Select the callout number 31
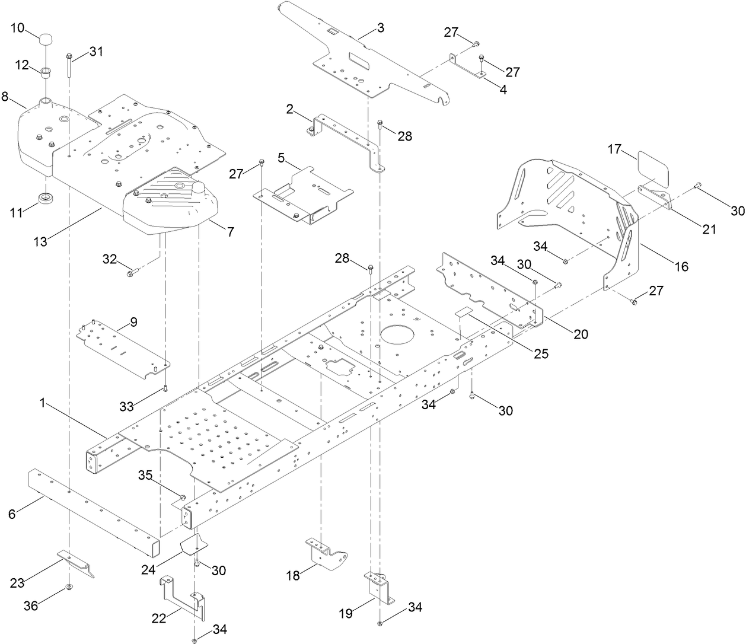click(x=97, y=52)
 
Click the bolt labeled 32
click(x=130, y=273)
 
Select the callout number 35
click(x=146, y=475)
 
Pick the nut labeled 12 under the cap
click(x=45, y=73)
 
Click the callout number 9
click(x=133, y=322)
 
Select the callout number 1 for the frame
click(x=42, y=403)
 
